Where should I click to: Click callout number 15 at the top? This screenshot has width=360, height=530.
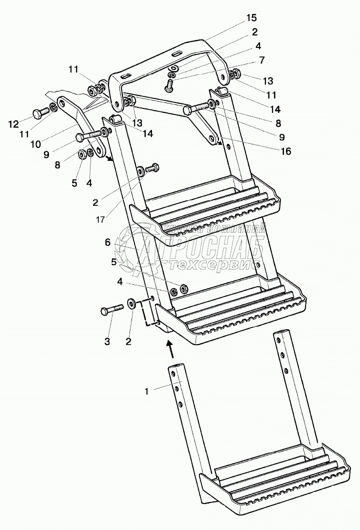251,18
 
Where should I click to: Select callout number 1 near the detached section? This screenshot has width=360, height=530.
146,392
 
